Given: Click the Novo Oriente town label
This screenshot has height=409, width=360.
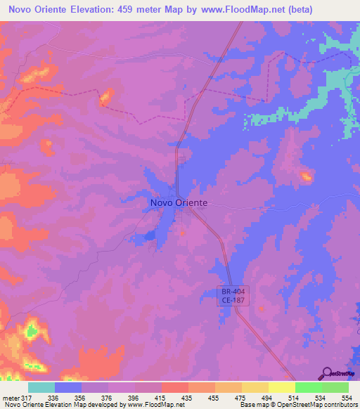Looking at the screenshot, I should pos(179,202).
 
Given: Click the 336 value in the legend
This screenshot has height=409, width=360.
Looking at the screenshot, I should pos(56,397).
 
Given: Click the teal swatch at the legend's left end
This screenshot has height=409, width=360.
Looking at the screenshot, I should pos(41,387).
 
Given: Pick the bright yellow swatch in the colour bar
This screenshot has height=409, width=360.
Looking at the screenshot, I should pos(281,387).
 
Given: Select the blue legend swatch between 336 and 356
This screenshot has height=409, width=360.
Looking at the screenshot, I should pos(68,387).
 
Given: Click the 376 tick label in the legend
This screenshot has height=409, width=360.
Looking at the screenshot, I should pos(109,397).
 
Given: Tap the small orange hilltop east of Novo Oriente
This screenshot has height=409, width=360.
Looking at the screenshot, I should pos(306,176).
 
